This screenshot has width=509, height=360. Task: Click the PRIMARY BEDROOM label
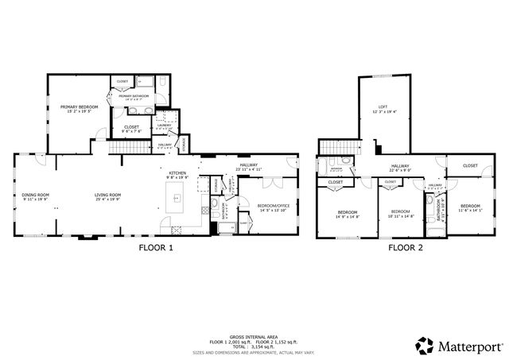click(80, 106)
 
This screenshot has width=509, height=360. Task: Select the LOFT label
click(383, 106)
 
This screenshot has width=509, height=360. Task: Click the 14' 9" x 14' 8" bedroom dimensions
click(347, 216)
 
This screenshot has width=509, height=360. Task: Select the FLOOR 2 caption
click(406, 248)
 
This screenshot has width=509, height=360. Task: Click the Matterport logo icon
click(425, 345)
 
